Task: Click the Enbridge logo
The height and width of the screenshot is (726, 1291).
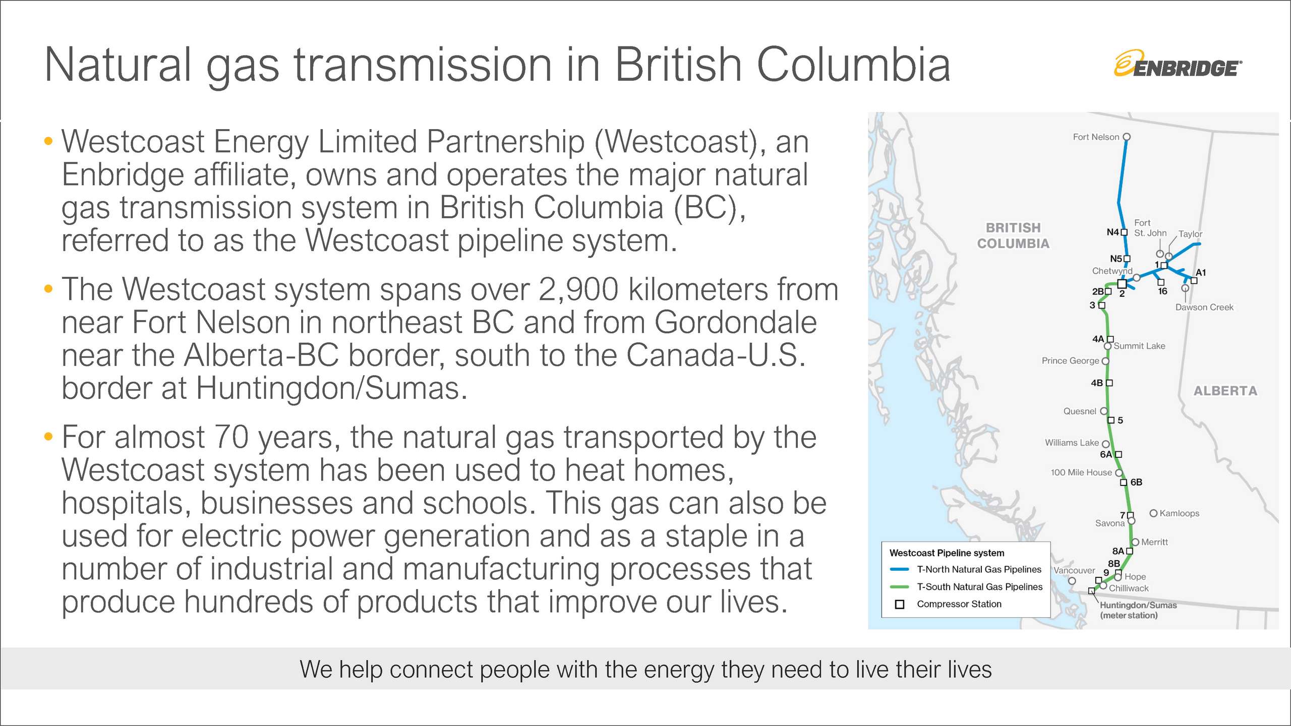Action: click(1178, 64)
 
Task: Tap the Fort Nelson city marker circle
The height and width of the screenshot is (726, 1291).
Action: click(1127, 137)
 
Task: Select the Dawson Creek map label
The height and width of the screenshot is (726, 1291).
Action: click(1204, 307)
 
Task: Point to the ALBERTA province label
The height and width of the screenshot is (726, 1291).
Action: click(1225, 391)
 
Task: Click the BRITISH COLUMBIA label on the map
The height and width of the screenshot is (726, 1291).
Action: click(1013, 235)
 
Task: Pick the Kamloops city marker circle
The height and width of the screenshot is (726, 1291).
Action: click(1153, 513)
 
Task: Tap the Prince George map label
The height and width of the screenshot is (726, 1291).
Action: click(1070, 360)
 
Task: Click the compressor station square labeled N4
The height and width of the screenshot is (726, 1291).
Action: click(1124, 232)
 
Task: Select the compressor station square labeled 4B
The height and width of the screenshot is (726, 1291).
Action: click(1109, 383)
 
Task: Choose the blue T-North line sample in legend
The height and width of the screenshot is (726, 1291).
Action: click(899, 569)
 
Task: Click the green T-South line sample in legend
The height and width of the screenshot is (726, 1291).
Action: click(899, 587)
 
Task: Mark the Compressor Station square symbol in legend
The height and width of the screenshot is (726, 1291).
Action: click(899, 604)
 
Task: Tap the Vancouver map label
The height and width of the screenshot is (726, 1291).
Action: click(1074, 570)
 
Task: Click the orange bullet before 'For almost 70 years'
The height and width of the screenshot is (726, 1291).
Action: click(48, 436)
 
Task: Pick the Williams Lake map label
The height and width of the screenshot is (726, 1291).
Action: click(1072, 442)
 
